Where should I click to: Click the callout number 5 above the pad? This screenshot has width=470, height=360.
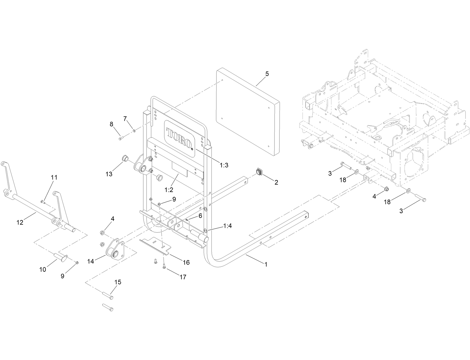coord(267,74)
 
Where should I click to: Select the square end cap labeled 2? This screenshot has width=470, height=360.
coord(260,173)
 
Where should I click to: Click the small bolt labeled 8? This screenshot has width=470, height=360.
coord(120,139)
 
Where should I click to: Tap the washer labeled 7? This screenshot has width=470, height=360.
coord(134,131)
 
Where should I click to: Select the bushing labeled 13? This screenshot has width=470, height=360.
coord(125,158)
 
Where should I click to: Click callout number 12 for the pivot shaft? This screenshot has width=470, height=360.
coord(20,222)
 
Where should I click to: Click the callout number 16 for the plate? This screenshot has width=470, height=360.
coord(186,262)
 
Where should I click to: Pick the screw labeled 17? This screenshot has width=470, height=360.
coord(164,267)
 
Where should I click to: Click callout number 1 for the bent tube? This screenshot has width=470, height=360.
coord(266,265)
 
